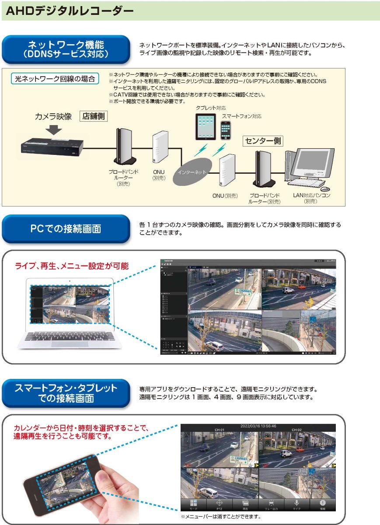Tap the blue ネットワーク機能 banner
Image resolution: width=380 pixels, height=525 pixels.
(x=66, y=49)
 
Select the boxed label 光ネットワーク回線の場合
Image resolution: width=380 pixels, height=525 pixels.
(x=55, y=79)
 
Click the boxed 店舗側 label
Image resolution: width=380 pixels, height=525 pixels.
(x=94, y=116)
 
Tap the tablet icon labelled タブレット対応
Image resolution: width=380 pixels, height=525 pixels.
(x=205, y=126)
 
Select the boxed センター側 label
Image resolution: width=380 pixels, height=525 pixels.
(x=263, y=141)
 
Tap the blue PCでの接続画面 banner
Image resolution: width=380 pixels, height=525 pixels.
(x=66, y=228)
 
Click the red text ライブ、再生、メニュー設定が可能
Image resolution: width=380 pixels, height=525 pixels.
(x=72, y=266)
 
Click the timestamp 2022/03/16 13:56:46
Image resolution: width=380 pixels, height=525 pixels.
(x=258, y=426)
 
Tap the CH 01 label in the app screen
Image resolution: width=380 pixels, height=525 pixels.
(x=219, y=430)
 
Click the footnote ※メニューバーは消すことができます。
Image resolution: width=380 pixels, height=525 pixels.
(x=221, y=517)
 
